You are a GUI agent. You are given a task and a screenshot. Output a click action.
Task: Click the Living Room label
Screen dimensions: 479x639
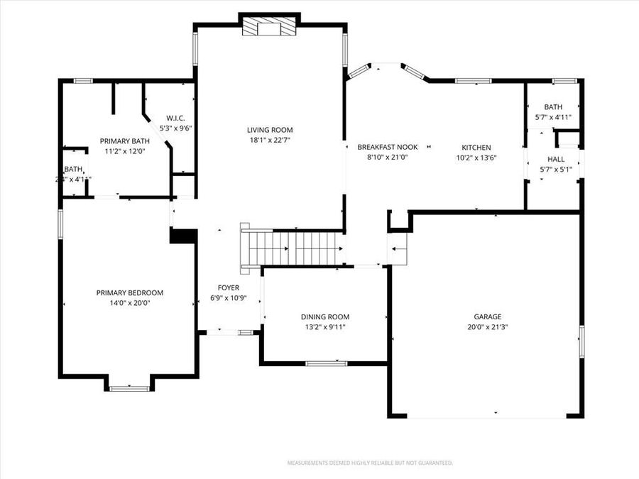point(270,130)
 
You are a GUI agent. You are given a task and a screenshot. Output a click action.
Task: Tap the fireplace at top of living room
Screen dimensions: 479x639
point(270,26)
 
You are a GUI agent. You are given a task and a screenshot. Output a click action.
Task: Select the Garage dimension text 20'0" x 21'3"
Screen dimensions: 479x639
point(488,327)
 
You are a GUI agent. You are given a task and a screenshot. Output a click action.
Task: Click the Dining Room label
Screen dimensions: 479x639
point(325,317)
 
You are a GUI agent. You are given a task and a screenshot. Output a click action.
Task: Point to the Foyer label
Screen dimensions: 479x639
point(229,287)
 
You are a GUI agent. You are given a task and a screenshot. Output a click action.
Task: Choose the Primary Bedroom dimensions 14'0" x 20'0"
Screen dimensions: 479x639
point(130,302)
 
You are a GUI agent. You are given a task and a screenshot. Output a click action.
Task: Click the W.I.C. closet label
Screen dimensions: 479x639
point(176,118)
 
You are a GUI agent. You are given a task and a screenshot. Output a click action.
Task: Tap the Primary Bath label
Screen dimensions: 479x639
point(125,141)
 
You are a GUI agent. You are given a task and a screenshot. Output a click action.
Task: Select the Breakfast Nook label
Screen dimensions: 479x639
point(388,147)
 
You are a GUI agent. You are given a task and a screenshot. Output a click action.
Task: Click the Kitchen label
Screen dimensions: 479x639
point(476,148)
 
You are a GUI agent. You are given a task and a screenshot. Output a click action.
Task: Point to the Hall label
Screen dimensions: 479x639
point(556,159)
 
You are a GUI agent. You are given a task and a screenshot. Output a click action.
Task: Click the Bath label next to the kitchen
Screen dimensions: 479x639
point(553,107)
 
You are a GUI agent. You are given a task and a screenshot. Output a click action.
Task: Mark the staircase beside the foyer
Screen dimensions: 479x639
point(291,249)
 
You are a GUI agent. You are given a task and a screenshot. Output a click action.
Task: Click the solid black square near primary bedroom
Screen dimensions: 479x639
point(183,236)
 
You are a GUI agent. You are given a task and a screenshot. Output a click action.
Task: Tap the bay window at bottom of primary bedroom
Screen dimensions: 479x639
point(129,388)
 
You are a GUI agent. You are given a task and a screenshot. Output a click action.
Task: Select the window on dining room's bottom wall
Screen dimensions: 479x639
point(326,363)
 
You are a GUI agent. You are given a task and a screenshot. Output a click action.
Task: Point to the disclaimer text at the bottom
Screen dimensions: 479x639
point(370,463)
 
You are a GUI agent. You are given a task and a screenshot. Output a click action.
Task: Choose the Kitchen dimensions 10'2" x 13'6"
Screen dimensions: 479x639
point(476,158)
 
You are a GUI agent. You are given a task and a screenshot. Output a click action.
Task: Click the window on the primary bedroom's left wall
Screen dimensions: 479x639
point(60,223)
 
